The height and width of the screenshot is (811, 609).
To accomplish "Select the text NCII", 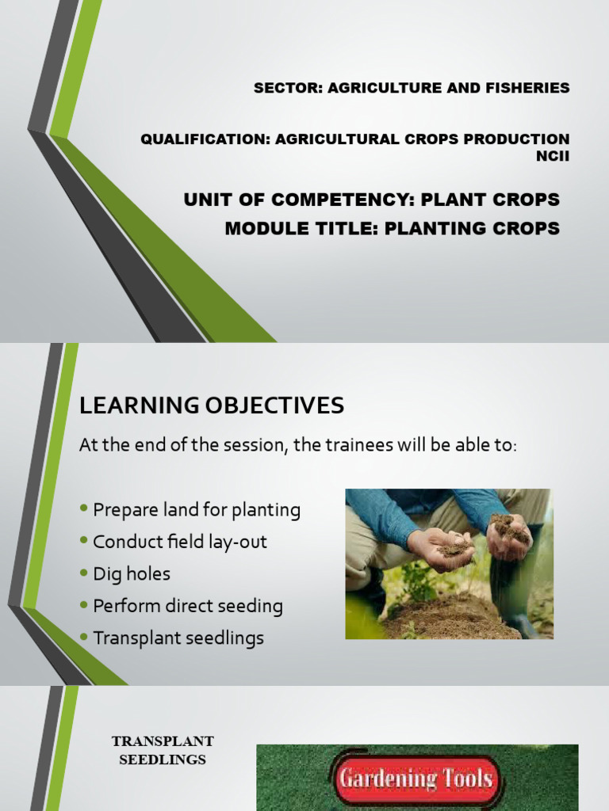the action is pyautogui.click(x=553, y=156).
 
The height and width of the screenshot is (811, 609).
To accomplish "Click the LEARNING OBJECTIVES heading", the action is pyautogui.click(x=211, y=405).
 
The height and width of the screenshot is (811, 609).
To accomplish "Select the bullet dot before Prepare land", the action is pyautogui.click(x=84, y=508).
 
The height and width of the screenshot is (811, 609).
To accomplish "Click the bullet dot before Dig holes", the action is pyautogui.click(x=84, y=573).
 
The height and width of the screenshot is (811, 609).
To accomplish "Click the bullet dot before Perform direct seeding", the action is pyautogui.click(x=84, y=604).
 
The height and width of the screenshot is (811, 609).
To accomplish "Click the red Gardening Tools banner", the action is pyautogui.click(x=416, y=779).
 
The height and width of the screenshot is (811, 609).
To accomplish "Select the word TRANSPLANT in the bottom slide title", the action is pyautogui.click(x=163, y=741).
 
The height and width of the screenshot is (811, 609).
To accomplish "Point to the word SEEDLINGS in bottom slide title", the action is pyautogui.click(x=163, y=760).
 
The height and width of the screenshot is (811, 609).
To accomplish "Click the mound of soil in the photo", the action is pyautogui.click(x=446, y=618).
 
